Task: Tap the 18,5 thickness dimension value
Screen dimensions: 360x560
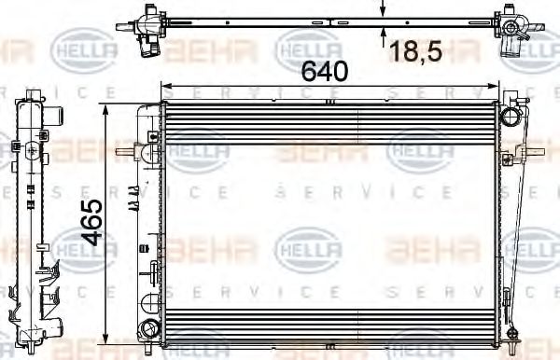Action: (x=416, y=52)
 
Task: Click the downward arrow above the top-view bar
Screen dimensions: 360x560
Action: (x=383, y=10)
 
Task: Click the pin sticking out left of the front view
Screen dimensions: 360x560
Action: (x=121, y=151)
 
